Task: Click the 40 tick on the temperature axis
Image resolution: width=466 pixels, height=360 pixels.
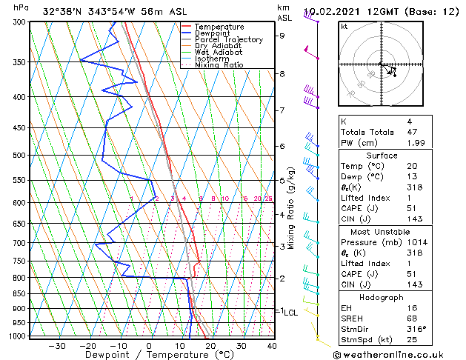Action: tap(272, 346)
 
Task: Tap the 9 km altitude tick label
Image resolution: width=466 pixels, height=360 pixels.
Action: tap(282, 36)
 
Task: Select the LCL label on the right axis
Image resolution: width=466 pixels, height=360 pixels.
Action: tap(290, 313)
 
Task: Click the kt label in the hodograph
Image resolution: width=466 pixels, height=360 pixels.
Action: tap(344, 27)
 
